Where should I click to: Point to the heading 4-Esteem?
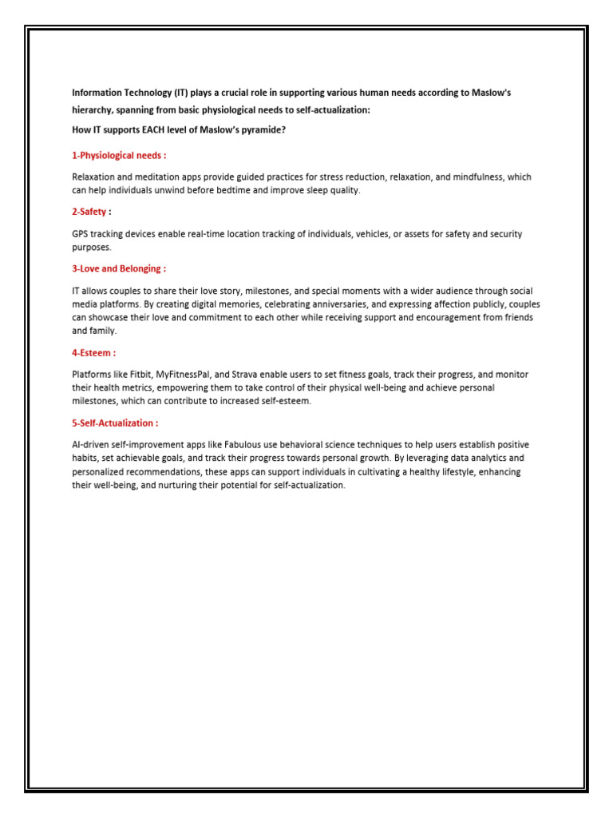click(93, 352)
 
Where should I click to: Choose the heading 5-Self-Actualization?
click(114, 423)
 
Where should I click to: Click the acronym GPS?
click(81, 233)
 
